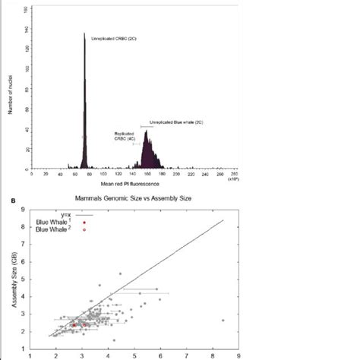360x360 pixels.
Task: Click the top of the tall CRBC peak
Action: (84, 33)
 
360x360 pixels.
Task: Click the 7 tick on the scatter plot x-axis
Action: (186, 353)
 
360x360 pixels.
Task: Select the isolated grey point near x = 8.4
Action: (223, 320)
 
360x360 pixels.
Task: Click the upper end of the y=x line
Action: (223, 220)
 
